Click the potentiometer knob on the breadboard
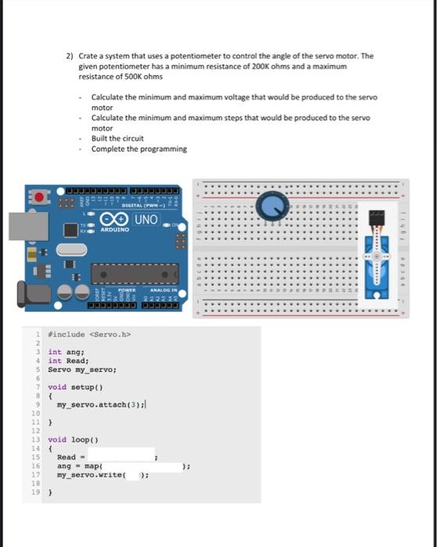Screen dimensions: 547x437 point(274,206)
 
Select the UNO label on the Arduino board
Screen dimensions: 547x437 point(145,220)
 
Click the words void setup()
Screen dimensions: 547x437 point(70,387)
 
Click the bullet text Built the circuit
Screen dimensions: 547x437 point(117,138)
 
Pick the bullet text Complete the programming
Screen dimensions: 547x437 point(138,148)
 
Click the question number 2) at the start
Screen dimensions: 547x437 point(70,56)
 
